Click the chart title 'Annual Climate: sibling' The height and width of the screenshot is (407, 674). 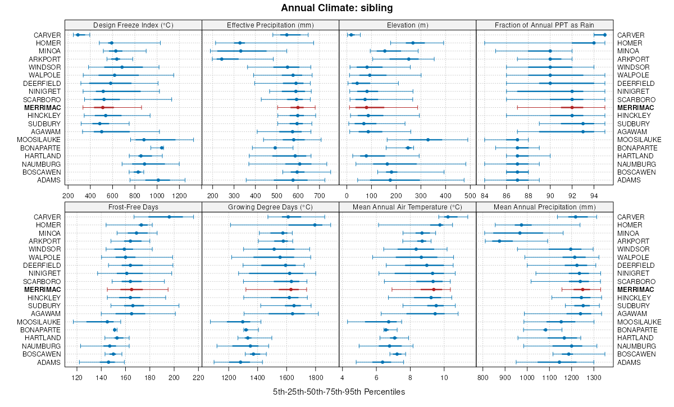click(x=336, y=8)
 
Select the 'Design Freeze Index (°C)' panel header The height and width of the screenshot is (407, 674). click(x=133, y=25)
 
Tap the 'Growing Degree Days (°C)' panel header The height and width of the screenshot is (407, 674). click(x=270, y=207)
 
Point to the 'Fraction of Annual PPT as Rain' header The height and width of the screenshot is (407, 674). click(x=544, y=25)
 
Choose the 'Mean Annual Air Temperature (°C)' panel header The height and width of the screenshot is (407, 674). click(x=407, y=207)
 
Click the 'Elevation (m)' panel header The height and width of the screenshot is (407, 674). click(x=407, y=25)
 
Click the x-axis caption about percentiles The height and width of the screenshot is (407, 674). click(x=339, y=391)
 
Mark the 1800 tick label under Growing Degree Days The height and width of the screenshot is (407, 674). click(x=315, y=377)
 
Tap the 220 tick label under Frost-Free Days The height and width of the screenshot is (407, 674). click(x=198, y=377)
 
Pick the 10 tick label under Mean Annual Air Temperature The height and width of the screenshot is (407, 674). click(x=444, y=377)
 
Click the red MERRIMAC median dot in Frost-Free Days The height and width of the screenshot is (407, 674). click(x=131, y=290)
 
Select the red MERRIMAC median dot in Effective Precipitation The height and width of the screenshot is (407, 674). click(x=298, y=107)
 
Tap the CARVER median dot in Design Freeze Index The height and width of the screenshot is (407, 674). click(x=78, y=35)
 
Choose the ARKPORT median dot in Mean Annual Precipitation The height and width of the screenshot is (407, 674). click(x=499, y=241)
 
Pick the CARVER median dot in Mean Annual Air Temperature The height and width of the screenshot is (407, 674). click(x=448, y=217)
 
